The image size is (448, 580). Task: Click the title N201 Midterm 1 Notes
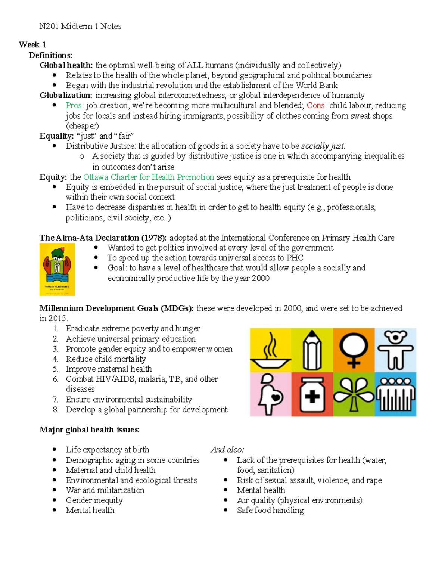coord(80,26)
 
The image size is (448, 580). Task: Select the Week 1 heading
coord(32,45)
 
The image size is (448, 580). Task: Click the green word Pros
coord(74,106)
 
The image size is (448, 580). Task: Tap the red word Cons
coord(316,106)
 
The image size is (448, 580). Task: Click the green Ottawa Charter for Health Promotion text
coord(149,177)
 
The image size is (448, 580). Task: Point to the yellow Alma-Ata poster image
coord(57,269)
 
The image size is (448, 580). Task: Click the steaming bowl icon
coord(270,350)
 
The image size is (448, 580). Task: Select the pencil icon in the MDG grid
coord(312,350)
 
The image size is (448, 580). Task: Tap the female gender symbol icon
coord(354,350)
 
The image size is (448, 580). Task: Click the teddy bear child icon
coord(395,350)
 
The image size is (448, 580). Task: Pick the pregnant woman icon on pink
coord(270,394)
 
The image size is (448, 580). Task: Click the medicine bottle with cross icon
coord(312,394)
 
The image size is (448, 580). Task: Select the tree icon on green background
coord(354,394)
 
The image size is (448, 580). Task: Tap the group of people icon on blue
coord(395,394)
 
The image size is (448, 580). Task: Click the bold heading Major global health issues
coord(90,430)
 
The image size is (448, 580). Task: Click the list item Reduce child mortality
coord(106,359)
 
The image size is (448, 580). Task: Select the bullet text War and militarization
coord(105,490)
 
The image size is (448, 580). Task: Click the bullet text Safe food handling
coord(270,511)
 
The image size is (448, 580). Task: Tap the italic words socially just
coord(323,146)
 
